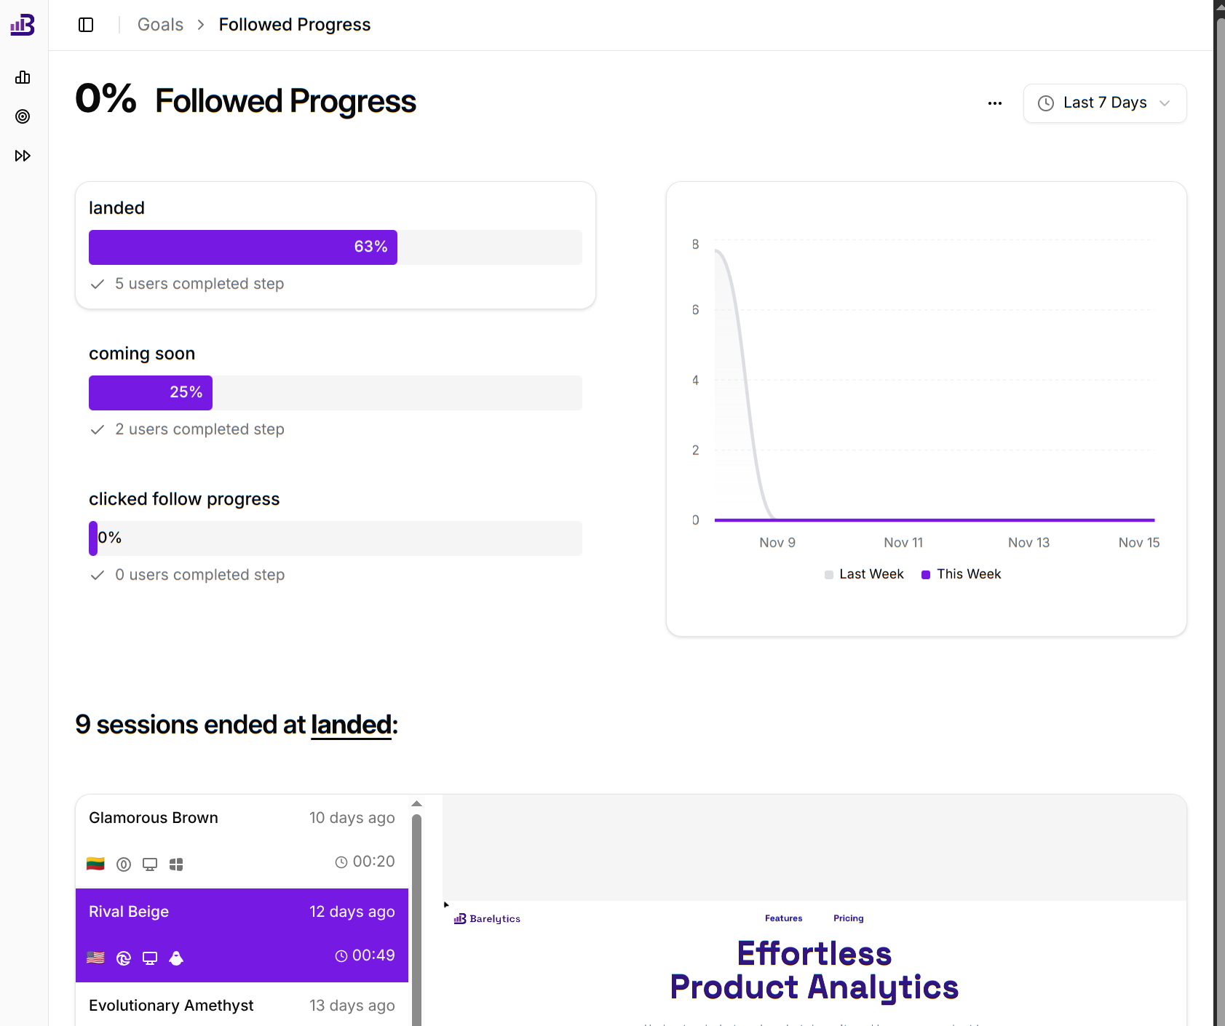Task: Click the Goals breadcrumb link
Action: (x=160, y=25)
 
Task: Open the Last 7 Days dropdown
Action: (x=1104, y=103)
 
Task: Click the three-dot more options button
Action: (x=995, y=103)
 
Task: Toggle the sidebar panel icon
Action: (x=86, y=25)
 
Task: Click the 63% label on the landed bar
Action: (x=370, y=247)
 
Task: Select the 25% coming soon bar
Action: (x=151, y=393)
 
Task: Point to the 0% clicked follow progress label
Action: (x=110, y=538)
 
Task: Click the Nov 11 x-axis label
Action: (x=903, y=543)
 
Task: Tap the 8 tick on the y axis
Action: (x=695, y=244)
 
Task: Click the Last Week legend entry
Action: (x=871, y=574)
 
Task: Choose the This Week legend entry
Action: (x=968, y=574)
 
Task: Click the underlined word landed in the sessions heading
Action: (x=352, y=725)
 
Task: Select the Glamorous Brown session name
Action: (x=154, y=818)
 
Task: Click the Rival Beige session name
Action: (x=129, y=912)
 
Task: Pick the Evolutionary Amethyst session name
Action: (x=171, y=1006)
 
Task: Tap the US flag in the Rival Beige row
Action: (x=95, y=958)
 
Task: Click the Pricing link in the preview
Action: (x=848, y=918)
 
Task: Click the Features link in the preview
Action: (x=783, y=918)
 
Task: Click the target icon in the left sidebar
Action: (x=23, y=116)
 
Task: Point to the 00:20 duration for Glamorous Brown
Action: (x=373, y=862)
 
